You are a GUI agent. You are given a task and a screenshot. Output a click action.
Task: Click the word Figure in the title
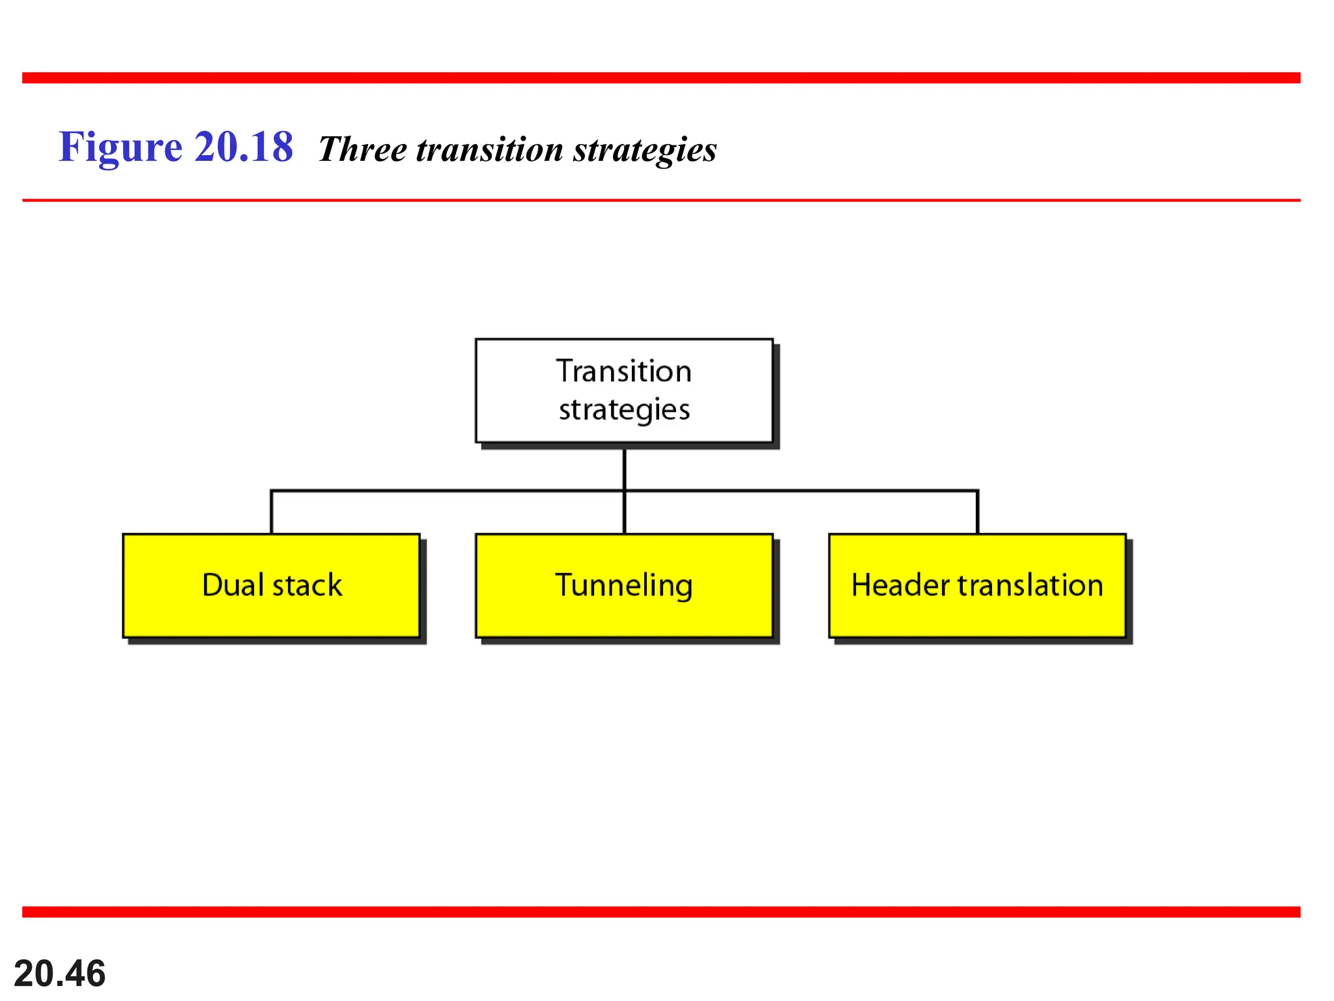point(121,147)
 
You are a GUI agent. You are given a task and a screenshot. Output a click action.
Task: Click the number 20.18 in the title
point(244,147)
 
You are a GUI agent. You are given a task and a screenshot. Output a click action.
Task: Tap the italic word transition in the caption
point(489,150)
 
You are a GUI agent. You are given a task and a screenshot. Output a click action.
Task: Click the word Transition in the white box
point(623,371)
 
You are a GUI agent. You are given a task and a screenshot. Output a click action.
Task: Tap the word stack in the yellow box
point(307,585)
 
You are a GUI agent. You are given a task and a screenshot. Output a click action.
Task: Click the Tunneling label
point(623,585)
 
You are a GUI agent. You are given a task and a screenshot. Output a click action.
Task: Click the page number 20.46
point(59,974)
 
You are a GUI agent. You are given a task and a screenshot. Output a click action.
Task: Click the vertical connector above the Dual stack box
point(271,513)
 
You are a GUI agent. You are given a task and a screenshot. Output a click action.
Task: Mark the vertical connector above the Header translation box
point(977,513)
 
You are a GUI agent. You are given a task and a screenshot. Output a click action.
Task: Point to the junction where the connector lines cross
point(624,491)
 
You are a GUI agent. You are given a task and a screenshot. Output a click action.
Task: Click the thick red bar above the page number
point(661,912)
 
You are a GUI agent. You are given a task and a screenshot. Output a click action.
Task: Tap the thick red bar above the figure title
point(661,78)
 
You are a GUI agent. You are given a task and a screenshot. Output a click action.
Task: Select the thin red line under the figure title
point(661,200)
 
